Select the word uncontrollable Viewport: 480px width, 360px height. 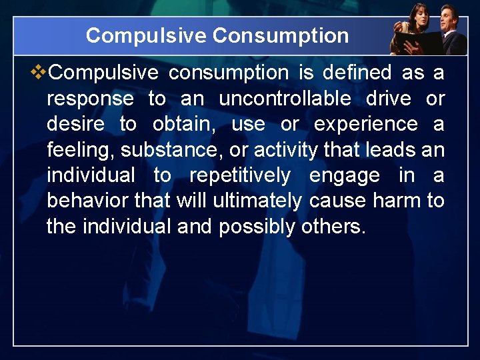pyautogui.click(x=285, y=99)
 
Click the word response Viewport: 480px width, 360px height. pyautogui.click(x=90, y=99)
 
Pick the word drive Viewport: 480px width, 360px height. pyautogui.click(x=389, y=99)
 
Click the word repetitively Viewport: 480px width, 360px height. pyautogui.click(x=241, y=176)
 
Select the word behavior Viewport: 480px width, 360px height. pyautogui.click(x=88, y=201)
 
